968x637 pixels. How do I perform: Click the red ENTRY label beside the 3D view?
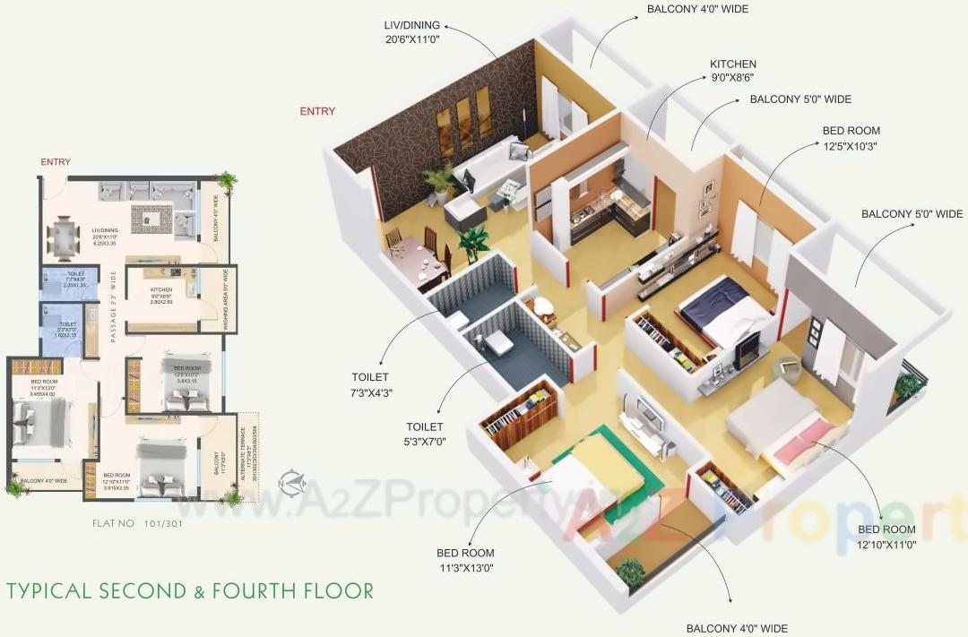(x=317, y=111)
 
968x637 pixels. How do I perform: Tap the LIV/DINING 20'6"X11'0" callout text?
(x=412, y=31)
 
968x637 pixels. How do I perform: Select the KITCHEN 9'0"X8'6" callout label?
(x=733, y=71)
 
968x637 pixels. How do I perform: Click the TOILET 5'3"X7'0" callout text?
(x=426, y=435)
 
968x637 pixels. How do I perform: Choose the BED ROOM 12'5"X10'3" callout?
(x=851, y=138)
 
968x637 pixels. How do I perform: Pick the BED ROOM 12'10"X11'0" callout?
(x=886, y=536)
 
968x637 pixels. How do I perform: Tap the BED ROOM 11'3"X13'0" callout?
(x=465, y=560)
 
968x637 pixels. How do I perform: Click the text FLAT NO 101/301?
(x=137, y=523)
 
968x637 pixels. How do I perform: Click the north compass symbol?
(x=290, y=481)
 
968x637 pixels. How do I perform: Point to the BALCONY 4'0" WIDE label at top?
(x=697, y=9)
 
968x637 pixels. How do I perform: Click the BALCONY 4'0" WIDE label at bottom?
(x=737, y=628)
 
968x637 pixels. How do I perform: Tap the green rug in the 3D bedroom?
(x=627, y=466)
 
